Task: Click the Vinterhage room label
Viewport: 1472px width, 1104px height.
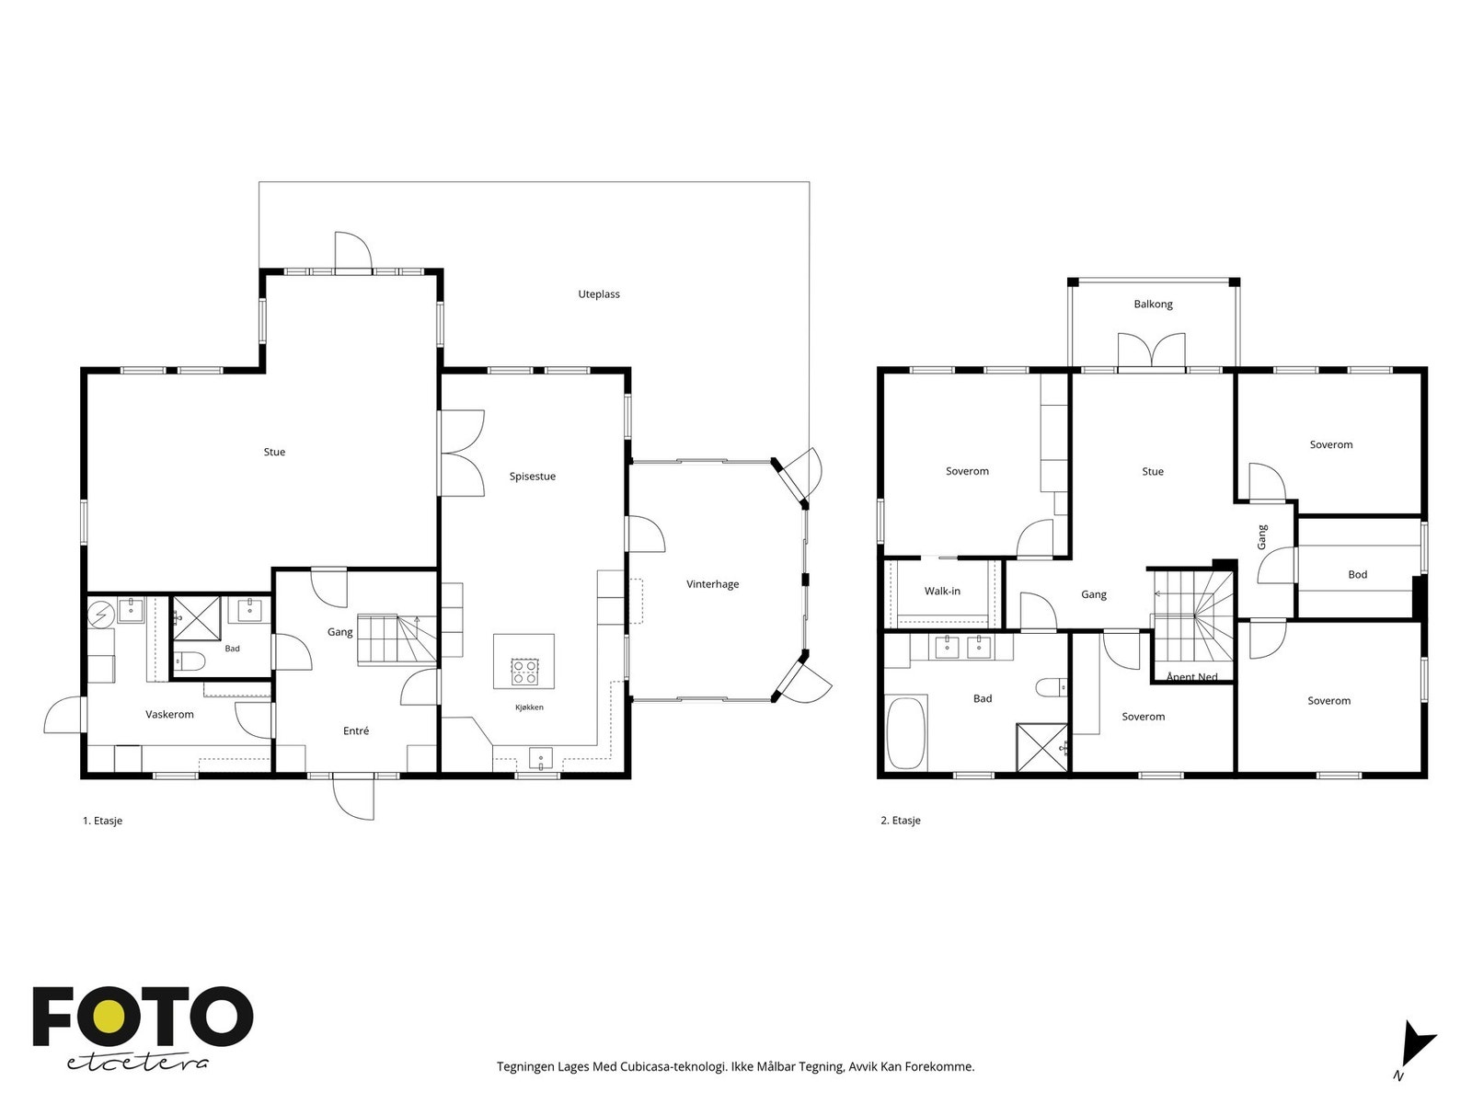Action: (712, 584)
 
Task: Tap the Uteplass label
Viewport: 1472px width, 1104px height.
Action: (599, 294)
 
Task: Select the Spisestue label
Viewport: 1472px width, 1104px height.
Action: (533, 477)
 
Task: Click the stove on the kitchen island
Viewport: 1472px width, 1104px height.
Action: (523, 672)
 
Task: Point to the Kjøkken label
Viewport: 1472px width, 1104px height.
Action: (529, 707)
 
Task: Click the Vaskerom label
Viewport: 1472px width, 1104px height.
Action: (169, 715)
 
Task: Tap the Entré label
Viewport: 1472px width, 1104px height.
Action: (356, 730)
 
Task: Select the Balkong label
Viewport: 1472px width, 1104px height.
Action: (1154, 305)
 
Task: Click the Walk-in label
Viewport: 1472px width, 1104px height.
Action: (942, 592)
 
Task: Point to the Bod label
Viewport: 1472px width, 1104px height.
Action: (1357, 574)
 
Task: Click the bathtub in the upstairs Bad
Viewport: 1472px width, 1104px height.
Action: (907, 732)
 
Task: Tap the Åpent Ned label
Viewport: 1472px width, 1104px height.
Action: (1191, 677)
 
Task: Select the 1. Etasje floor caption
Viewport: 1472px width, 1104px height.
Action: (103, 821)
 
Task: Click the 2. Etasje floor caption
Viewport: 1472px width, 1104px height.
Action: (901, 821)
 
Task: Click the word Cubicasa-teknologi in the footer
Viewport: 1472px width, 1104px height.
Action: (673, 1066)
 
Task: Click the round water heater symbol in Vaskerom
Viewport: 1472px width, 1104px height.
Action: (101, 614)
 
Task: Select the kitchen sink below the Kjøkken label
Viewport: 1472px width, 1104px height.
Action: (541, 758)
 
